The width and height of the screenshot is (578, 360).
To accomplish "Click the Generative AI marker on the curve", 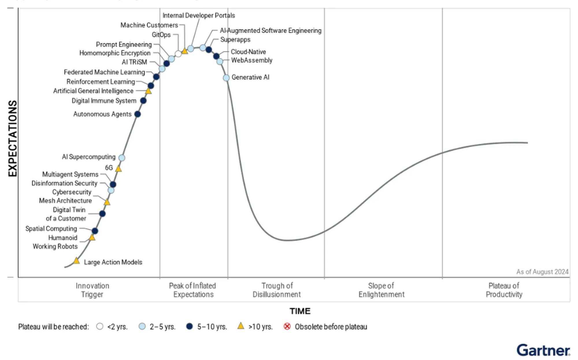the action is (x=226, y=78).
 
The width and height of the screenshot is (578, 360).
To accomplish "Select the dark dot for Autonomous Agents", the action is (x=138, y=114).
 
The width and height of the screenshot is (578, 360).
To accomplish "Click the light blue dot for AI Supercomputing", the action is (x=122, y=158).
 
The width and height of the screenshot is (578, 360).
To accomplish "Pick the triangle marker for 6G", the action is (x=118, y=168).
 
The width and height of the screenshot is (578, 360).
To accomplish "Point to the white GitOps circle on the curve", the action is (x=178, y=54).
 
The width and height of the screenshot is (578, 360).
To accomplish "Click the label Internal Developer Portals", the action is (x=199, y=15).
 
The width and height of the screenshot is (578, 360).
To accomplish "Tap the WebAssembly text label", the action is (x=252, y=60).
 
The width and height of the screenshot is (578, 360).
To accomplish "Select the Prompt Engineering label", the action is (x=124, y=44).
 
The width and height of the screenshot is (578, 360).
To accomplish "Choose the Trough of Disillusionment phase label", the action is (x=277, y=290).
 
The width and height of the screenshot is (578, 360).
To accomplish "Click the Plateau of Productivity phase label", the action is (x=504, y=290).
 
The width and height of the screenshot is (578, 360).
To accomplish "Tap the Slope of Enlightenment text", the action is (x=381, y=290).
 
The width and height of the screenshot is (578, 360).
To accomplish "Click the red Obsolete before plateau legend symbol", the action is (x=287, y=326).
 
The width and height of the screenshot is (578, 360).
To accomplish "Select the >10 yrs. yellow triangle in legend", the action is (x=241, y=326).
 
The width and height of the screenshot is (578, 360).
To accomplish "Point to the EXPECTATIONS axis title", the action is (x=12, y=138).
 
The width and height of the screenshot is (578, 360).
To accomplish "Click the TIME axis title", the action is (x=300, y=311).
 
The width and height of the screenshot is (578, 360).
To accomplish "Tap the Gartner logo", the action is (x=543, y=350).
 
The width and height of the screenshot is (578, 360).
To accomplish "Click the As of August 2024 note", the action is (x=542, y=272).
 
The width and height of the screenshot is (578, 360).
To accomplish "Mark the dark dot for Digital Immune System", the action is (x=143, y=101).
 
